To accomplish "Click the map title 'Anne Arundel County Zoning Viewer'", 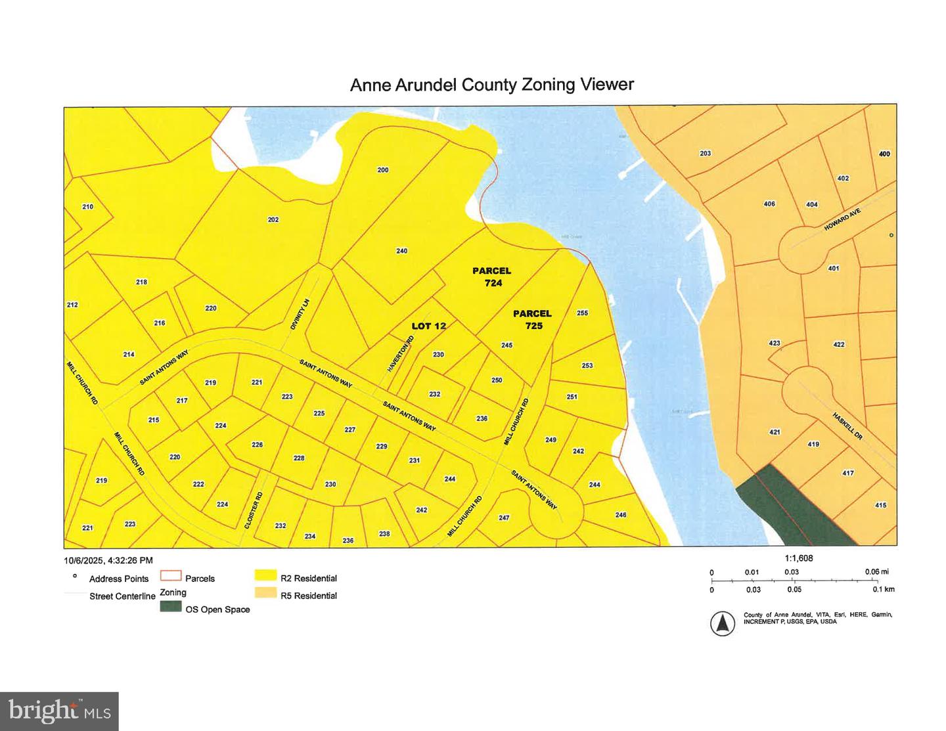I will [491, 85].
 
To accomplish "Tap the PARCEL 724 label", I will [491, 277].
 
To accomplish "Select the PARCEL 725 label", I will [532, 319].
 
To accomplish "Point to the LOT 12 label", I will [428, 326].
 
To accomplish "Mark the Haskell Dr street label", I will [847, 426].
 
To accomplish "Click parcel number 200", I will [382, 170].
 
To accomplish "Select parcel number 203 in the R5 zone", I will [705, 154].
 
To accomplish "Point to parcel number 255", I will [582, 313].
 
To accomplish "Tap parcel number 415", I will [880, 505].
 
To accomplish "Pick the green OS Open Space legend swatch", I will [171, 608].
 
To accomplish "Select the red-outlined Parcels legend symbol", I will [171, 576].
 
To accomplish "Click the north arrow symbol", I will [723, 623].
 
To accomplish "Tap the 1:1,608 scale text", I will [799, 558].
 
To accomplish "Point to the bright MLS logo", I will [60, 711].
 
